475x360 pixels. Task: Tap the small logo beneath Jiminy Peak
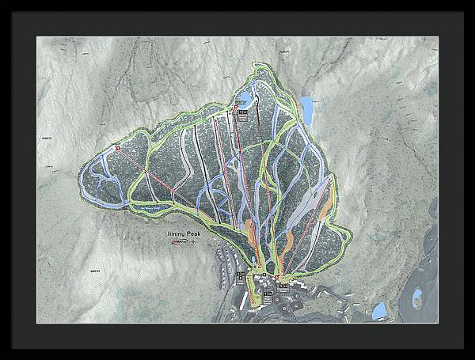[181, 243]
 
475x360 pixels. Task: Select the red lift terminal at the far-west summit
[118, 147]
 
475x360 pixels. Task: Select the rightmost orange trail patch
[289, 237]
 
